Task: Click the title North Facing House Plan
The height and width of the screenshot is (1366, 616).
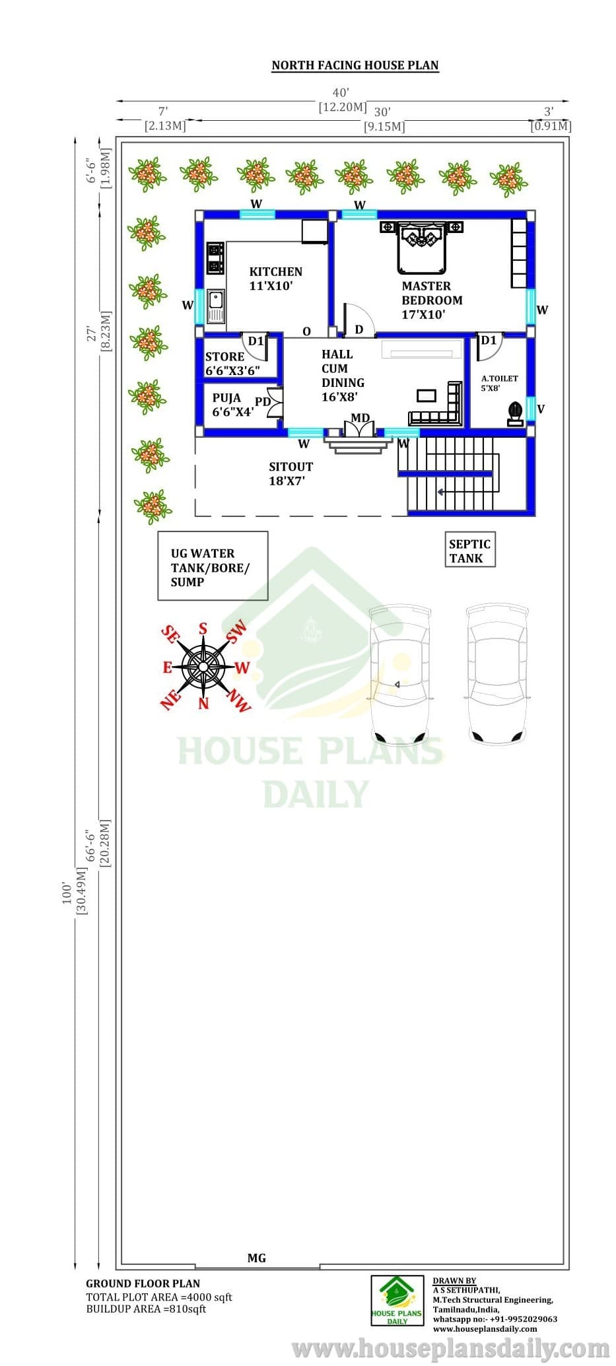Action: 355,65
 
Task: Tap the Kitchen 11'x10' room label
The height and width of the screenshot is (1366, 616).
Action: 275,279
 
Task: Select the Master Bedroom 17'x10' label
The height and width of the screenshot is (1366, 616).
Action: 432,300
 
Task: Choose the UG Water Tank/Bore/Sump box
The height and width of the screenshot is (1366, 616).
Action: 213,566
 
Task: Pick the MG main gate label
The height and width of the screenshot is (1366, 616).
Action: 257,1258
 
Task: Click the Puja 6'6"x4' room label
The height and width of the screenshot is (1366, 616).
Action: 232,405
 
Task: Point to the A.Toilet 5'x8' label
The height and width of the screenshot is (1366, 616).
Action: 499,383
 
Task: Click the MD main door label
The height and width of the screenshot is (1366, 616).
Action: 360,418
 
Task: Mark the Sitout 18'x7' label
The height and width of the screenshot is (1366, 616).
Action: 291,473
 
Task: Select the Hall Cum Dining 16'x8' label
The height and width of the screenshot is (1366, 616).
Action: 343,375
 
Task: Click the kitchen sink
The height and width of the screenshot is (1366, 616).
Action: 216,306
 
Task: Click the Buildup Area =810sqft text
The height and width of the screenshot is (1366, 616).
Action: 146,1309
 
